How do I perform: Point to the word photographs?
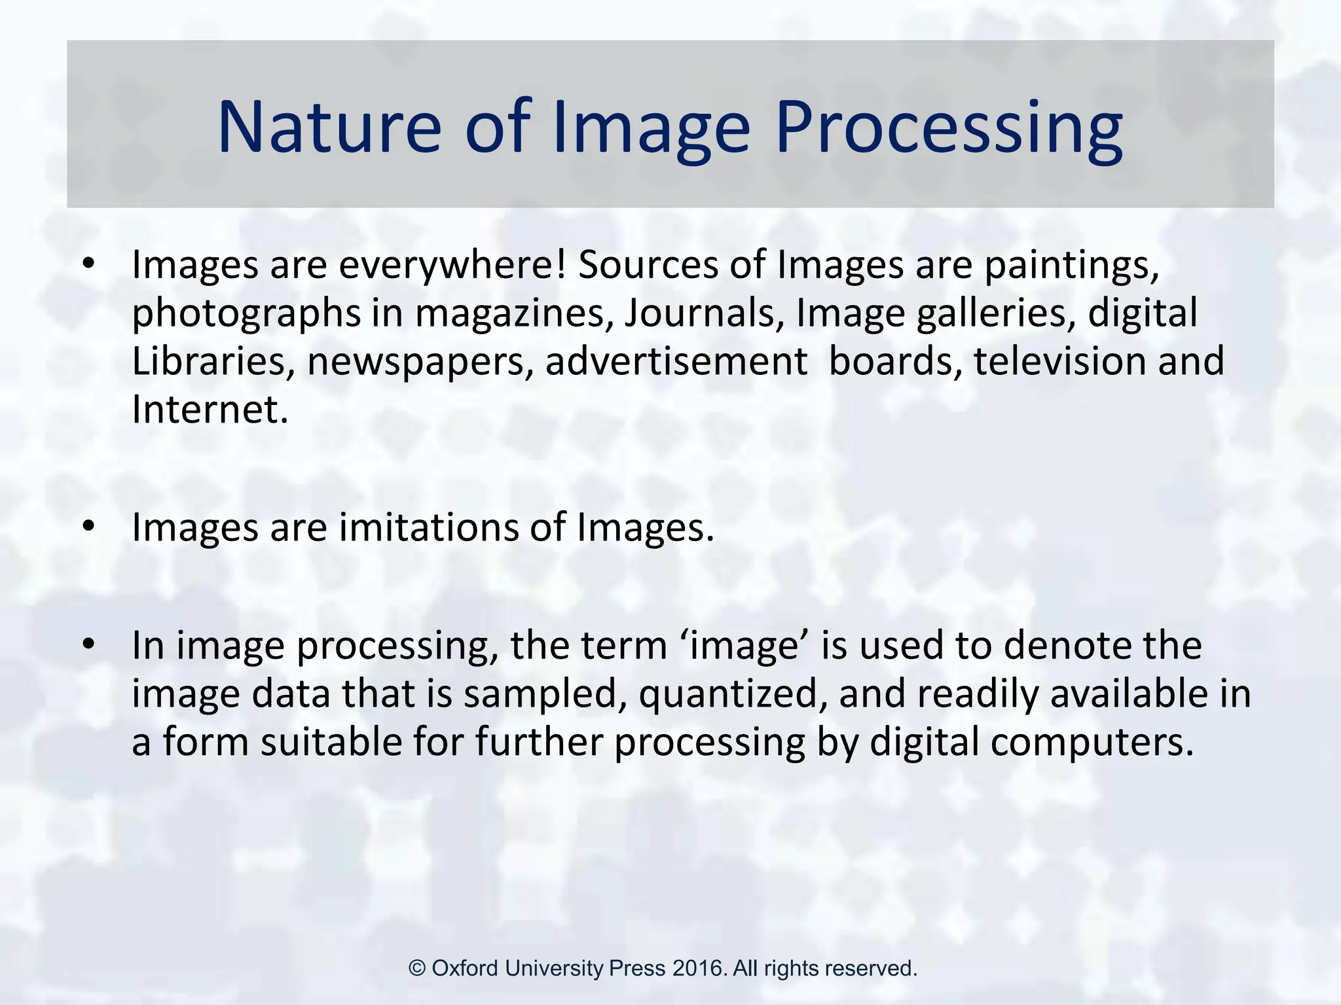point(246,313)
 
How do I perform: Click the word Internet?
point(210,410)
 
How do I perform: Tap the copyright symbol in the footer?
point(417,968)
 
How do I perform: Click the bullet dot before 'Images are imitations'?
point(89,526)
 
